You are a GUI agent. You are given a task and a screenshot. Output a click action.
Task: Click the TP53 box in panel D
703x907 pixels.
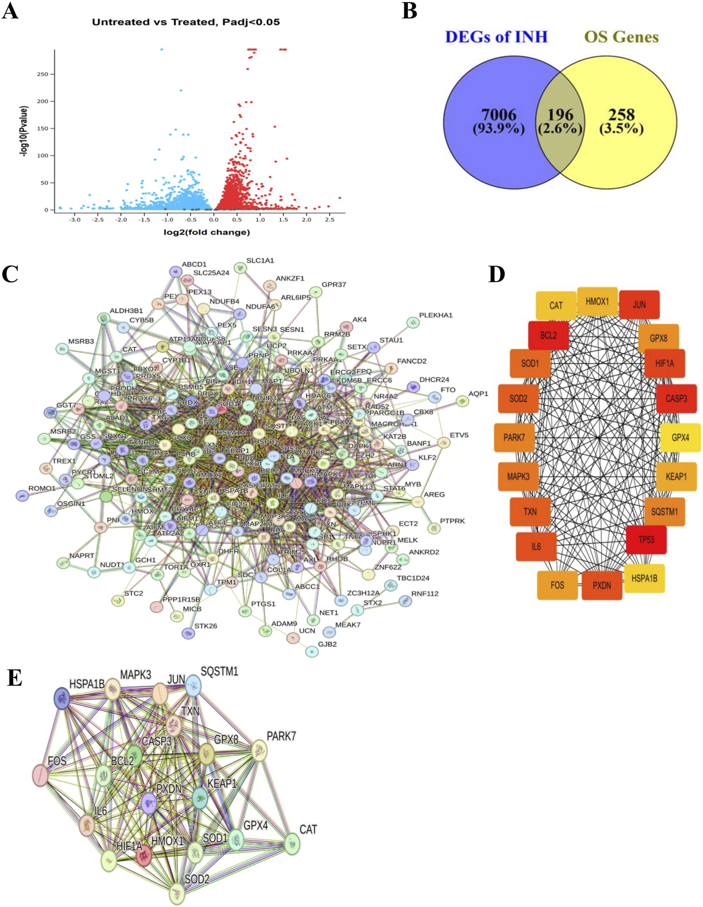[x=646, y=540]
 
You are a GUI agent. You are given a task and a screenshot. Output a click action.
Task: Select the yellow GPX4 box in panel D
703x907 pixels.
[x=680, y=437]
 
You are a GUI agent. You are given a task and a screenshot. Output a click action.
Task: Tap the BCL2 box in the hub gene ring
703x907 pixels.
[x=548, y=335]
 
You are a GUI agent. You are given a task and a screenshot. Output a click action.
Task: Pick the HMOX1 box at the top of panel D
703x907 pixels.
[x=597, y=302]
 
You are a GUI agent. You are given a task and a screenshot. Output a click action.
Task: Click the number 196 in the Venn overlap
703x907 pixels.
[x=560, y=115]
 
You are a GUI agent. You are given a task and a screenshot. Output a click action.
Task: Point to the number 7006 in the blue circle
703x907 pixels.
[x=499, y=115]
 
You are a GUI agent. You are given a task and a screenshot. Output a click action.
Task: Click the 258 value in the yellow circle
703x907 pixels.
[x=621, y=115]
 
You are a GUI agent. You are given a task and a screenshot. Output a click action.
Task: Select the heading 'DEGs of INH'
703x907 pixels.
[x=496, y=37]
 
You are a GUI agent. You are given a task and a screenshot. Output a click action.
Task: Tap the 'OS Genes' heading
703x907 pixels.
[x=621, y=37]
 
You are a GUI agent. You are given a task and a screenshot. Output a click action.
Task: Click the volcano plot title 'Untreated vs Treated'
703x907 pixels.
[x=186, y=22]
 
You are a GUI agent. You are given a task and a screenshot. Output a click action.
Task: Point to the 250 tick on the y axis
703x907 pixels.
[x=43, y=74]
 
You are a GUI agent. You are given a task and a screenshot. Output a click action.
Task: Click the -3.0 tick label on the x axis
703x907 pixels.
[x=75, y=219]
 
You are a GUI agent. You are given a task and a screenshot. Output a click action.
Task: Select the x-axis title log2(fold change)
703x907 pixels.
[x=207, y=232]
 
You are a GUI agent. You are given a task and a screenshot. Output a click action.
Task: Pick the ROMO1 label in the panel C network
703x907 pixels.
[x=42, y=488]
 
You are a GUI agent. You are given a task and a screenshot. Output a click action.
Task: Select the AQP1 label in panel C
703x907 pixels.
[x=478, y=394]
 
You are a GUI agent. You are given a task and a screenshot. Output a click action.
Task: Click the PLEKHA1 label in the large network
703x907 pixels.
[x=435, y=315]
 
